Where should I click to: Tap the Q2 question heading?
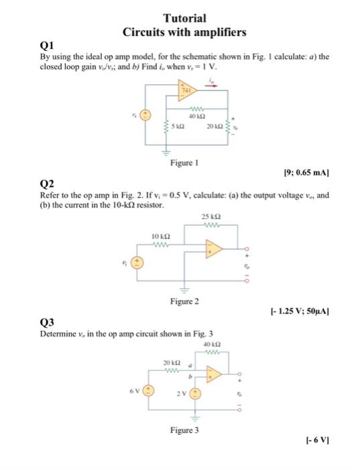(48, 182)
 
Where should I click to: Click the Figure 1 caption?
(184, 161)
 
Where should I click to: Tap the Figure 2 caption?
(184, 301)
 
